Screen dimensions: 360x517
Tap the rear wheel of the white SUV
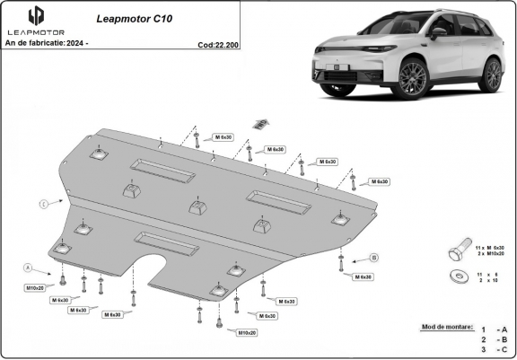(x=489, y=75)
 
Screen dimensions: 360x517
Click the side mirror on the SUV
(x=438, y=33)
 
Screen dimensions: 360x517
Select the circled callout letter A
(x=27, y=268)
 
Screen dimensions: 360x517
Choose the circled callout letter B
(x=373, y=258)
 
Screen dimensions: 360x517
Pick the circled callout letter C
(x=43, y=205)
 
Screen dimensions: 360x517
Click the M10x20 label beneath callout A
(x=35, y=287)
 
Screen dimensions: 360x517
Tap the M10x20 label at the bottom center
(x=247, y=333)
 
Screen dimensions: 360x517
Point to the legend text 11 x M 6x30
(x=491, y=245)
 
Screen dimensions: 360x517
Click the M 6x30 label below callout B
(x=363, y=277)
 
